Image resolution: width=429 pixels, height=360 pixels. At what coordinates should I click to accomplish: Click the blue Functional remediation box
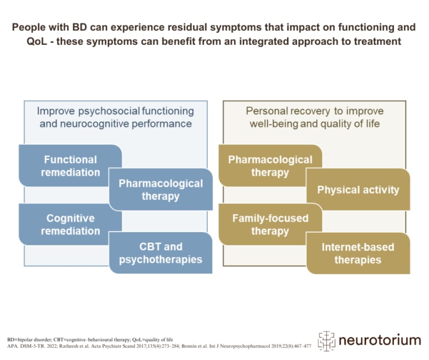pos(70,166)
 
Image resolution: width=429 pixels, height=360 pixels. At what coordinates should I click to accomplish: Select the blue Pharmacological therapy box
pos(160,190)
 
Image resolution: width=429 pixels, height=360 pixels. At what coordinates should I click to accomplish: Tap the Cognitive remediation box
pos(70,225)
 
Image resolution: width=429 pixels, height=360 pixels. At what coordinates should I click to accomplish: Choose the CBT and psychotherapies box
pos(160,253)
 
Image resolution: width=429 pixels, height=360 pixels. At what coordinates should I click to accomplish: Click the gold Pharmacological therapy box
pos(270,166)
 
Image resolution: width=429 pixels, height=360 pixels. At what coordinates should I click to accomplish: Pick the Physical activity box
pos(358,190)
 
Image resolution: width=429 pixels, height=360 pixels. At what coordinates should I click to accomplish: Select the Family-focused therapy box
pos(270,225)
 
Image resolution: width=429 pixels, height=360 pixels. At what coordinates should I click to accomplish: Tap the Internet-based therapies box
pos(358,253)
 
